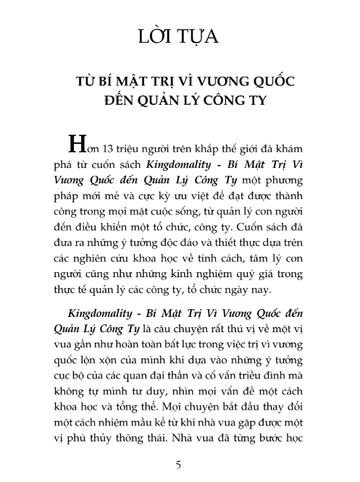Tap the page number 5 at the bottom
179,462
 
